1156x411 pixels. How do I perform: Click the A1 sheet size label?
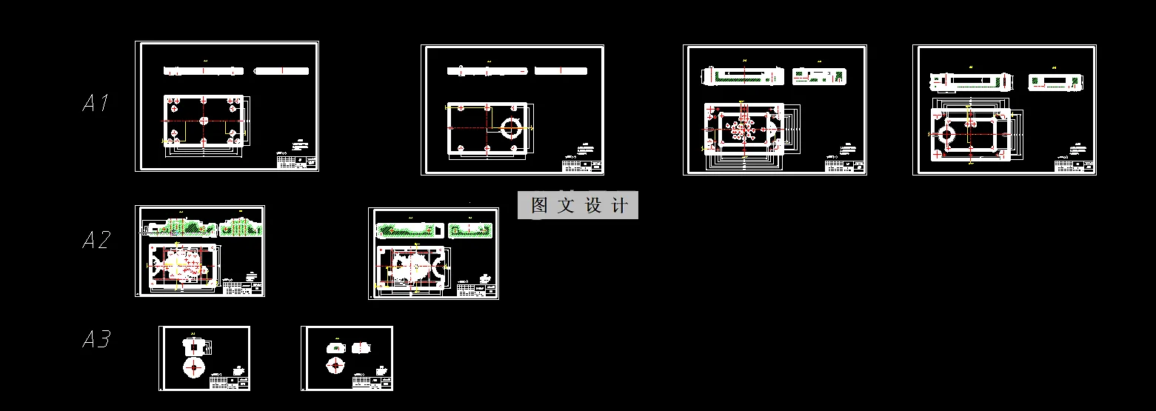coord(96,103)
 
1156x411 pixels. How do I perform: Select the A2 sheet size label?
coord(96,240)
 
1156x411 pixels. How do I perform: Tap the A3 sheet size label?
coord(96,340)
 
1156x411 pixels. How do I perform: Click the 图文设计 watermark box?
coord(578,205)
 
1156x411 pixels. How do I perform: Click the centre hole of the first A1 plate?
coord(204,121)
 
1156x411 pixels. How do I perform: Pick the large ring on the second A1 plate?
coord(510,127)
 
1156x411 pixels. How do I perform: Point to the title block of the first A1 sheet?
coord(296,160)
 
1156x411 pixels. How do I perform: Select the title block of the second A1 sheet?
coord(582,165)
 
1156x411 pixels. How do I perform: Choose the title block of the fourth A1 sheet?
coord(1075,165)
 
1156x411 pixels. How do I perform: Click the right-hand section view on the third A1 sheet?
coord(818,76)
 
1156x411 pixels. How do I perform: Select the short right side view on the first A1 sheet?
coord(281,71)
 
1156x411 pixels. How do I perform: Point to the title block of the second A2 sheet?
coord(477,290)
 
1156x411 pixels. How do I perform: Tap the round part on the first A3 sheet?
coord(194,367)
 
